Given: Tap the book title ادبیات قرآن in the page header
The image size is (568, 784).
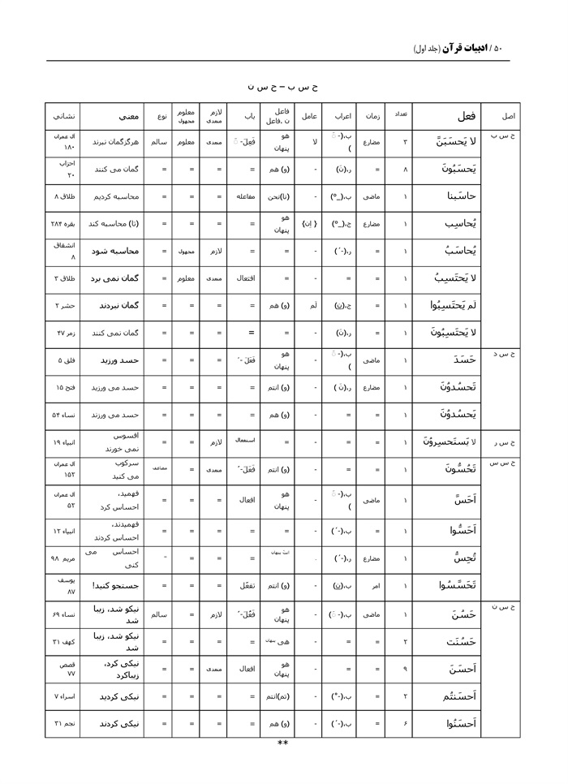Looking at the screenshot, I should coord(463,49).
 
